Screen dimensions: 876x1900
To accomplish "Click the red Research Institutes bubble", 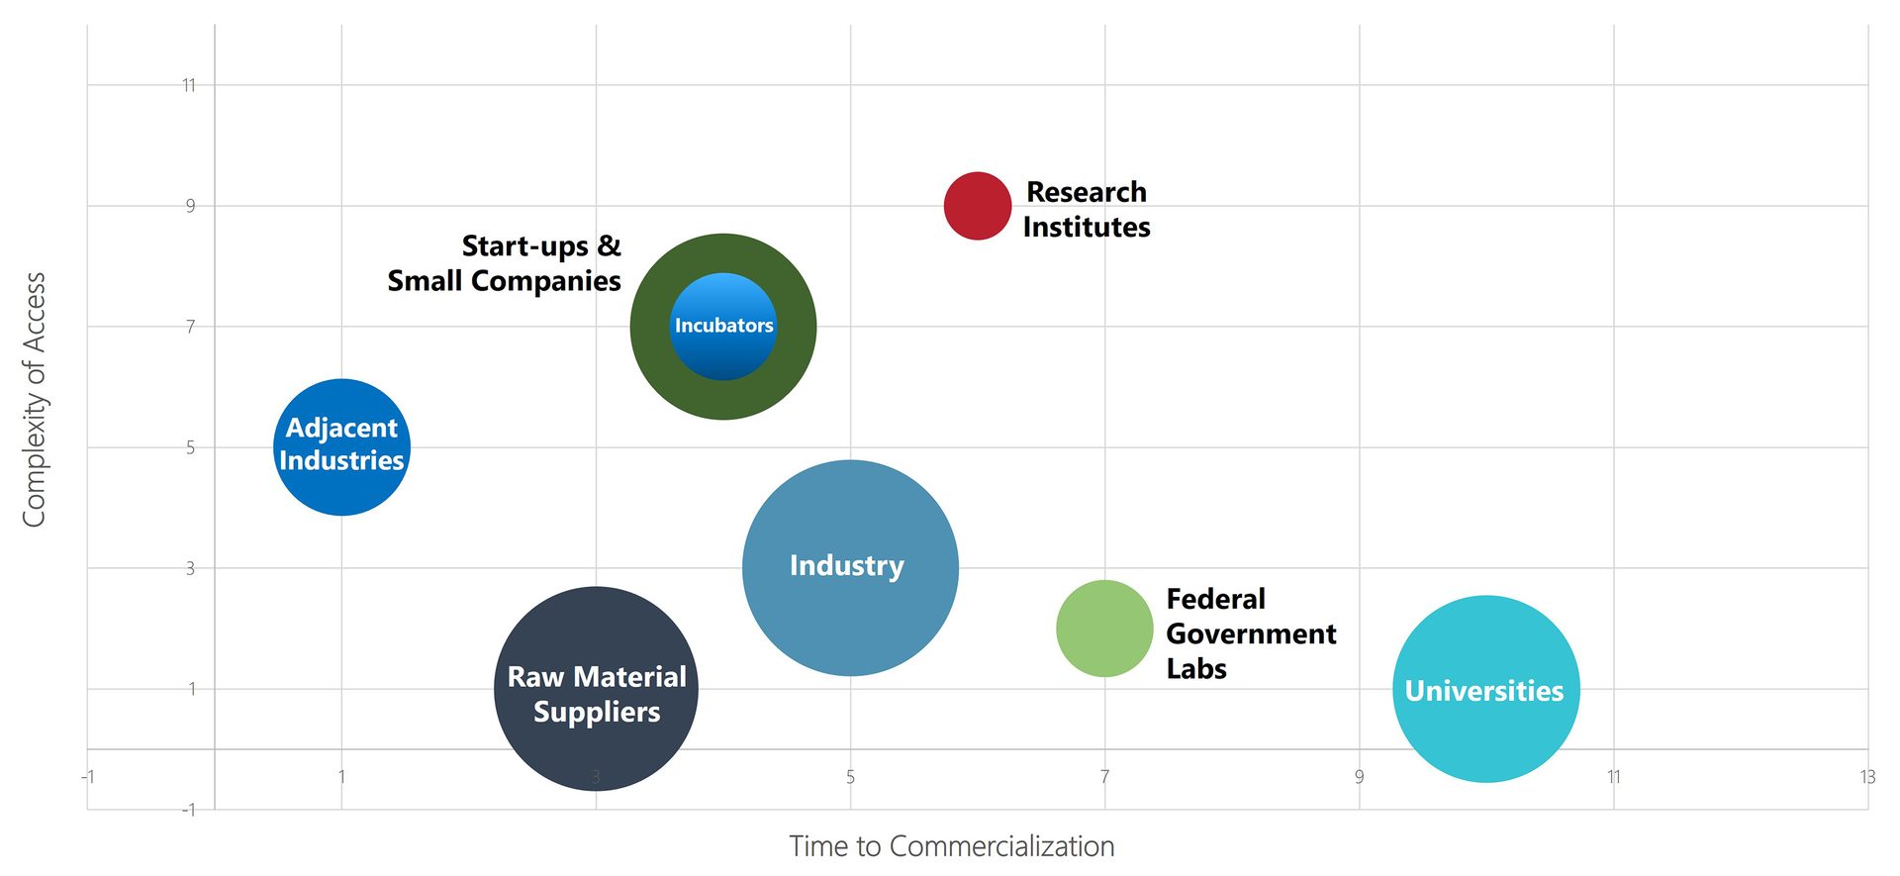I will pyautogui.click(x=977, y=206).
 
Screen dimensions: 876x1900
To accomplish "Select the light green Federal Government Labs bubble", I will pyautogui.click(x=1104, y=629).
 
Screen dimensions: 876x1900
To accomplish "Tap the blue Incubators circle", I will pyautogui.click(x=723, y=326).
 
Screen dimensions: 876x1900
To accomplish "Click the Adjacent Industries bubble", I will pyautogui.click(x=341, y=446).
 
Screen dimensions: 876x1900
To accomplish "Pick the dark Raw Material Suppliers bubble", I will pyautogui.click(x=596, y=689).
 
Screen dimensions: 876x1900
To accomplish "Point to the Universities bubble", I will pyautogui.click(x=1485, y=689).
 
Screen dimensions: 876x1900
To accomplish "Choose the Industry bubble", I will pyautogui.click(x=849, y=567).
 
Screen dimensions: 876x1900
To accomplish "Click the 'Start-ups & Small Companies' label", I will pyautogui.click(x=505, y=263).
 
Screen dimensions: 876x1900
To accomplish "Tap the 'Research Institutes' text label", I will pyautogui.click(x=1086, y=209).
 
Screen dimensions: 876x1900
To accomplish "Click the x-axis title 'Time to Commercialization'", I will pyautogui.click(x=951, y=846).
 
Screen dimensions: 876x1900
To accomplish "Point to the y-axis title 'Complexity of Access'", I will pyautogui.click(x=35, y=400).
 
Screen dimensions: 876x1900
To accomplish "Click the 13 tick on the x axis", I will pyautogui.click(x=1866, y=777).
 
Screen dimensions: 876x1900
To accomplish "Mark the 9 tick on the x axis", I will pyautogui.click(x=1359, y=777).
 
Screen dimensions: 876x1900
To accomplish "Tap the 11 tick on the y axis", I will pyautogui.click(x=188, y=85).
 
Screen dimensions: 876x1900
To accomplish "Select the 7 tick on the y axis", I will pyautogui.click(x=190, y=327).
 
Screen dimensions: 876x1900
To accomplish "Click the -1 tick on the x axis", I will pyautogui.click(x=88, y=777).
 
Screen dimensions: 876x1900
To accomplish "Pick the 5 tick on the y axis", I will pyautogui.click(x=190, y=447).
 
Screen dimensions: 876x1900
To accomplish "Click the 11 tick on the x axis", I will pyautogui.click(x=1613, y=777).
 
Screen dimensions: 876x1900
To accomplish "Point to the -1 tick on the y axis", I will pyautogui.click(x=188, y=810).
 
